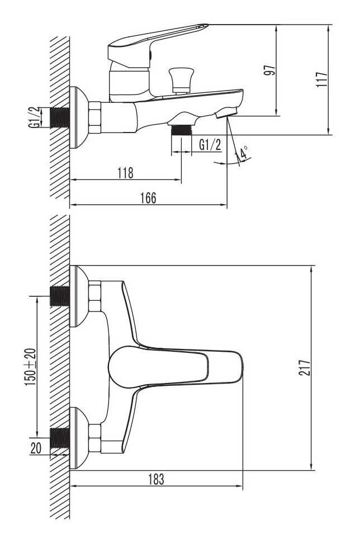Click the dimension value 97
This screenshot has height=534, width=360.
click(x=270, y=70)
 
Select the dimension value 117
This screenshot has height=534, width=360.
click(x=322, y=79)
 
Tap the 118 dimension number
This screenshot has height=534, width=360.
click(x=125, y=173)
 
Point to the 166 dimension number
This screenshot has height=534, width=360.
click(x=148, y=198)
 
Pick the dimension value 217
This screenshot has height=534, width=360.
click(x=305, y=367)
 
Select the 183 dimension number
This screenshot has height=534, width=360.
click(x=156, y=479)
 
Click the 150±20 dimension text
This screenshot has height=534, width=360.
click(x=30, y=367)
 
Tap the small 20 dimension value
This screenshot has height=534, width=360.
click(x=36, y=448)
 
